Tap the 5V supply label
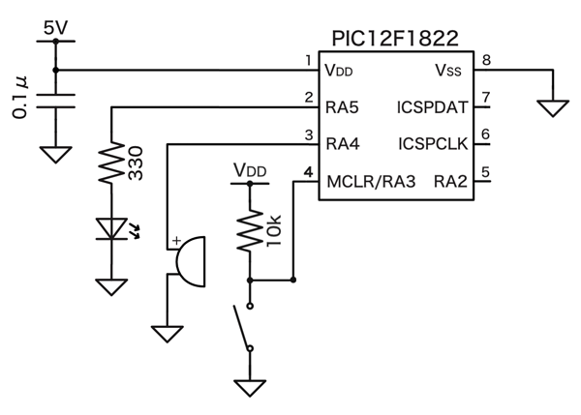click(x=56, y=28)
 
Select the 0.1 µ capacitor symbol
click(x=55, y=101)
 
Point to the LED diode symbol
click(x=111, y=229)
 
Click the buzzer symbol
click(x=188, y=260)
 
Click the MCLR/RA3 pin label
click(x=371, y=181)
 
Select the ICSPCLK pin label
click(x=433, y=143)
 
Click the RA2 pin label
click(x=450, y=181)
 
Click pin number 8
click(x=486, y=60)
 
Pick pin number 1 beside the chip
click(x=308, y=60)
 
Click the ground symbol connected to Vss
click(x=553, y=107)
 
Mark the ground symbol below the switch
click(x=250, y=387)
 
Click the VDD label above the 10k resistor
click(x=250, y=170)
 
